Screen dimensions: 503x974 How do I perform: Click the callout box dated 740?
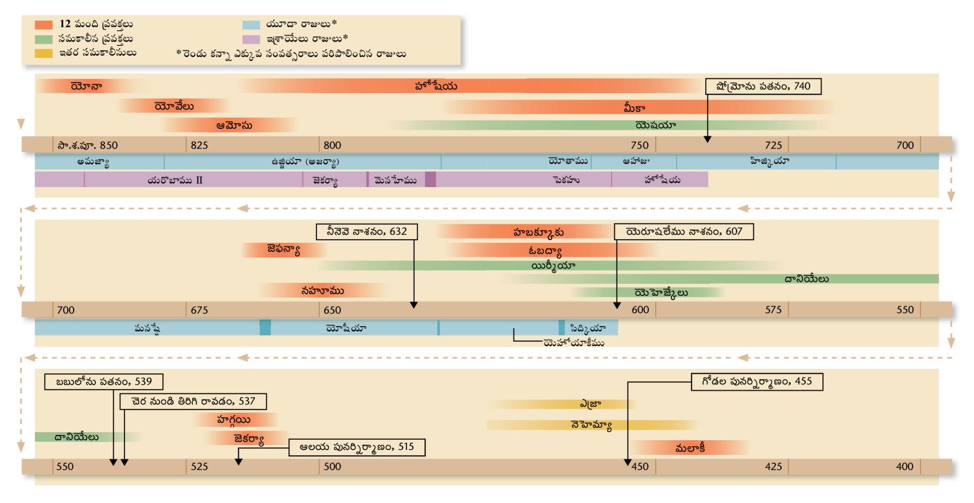tap(763, 87)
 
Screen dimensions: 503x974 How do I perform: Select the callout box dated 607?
tap(684, 231)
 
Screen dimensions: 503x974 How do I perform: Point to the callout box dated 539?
tap(104, 382)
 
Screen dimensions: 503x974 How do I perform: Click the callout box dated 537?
tap(193, 401)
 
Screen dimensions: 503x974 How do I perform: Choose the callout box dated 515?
tap(357, 447)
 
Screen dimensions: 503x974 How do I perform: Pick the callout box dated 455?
tap(757, 382)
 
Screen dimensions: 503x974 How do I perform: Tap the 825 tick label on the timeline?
tap(199, 145)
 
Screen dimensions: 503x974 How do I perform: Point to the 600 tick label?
tap(640, 310)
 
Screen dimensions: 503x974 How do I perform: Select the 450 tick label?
tap(640, 467)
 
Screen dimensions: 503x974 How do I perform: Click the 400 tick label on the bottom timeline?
tap(905, 467)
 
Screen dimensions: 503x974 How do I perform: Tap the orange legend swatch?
tap(44, 25)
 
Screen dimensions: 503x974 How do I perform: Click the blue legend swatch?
tap(251, 25)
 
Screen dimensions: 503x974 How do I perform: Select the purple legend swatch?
tap(251, 39)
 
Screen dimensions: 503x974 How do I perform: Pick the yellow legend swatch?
tap(44, 53)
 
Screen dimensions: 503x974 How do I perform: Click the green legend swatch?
tap(44, 39)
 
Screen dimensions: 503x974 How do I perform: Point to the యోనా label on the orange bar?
tap(87, 87)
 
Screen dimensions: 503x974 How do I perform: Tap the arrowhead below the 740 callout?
tap(707, 140)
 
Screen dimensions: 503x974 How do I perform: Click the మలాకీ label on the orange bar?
tap(690, 448)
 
